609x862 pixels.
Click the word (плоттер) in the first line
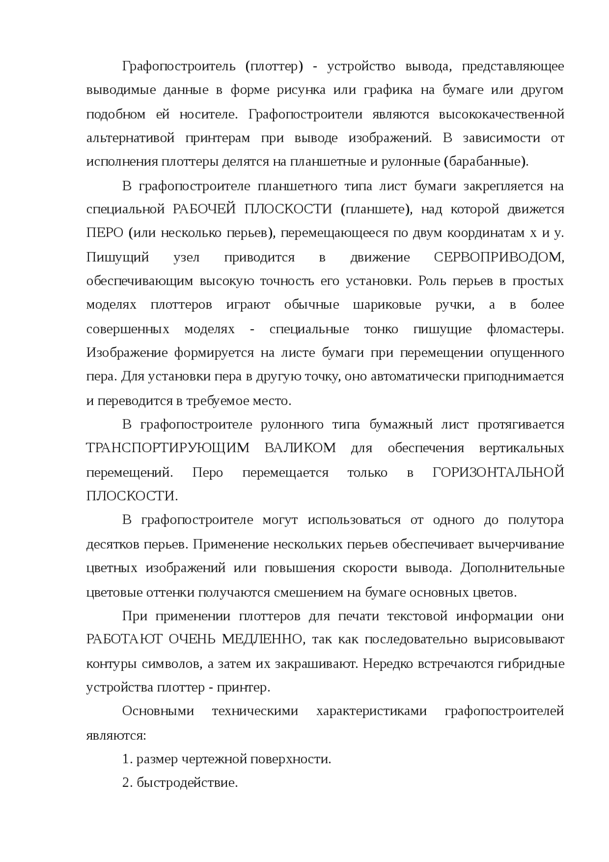274,66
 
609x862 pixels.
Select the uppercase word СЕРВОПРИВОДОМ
499,258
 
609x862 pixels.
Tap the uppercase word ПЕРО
104,233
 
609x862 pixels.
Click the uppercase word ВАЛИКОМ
300,448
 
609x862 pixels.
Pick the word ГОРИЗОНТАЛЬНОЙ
498,473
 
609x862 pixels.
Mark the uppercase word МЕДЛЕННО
262,640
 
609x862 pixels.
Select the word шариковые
387,305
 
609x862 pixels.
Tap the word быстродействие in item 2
187,783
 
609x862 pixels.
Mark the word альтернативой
131,138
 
